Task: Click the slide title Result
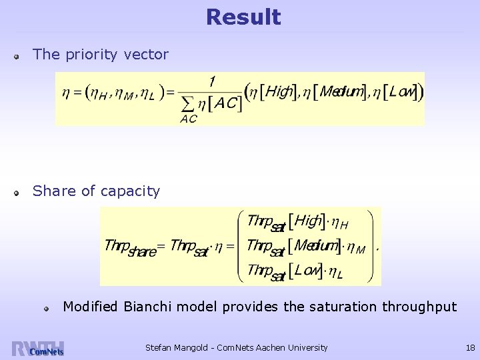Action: pyautogui.click(x=243, y=17)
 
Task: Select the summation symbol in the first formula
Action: pyautogui.click(x=188, y=103)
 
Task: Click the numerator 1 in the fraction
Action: pyautogui.click(x=212, y=82)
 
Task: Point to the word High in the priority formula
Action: pyautogui.click(x=280, y=93)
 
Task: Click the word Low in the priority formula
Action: pyautogui.click(x=402, y=93)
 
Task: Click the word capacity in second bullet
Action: pyautogui.click(x=131, y=192)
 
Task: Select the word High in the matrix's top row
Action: pyautogui.click(x=309, y=221)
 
